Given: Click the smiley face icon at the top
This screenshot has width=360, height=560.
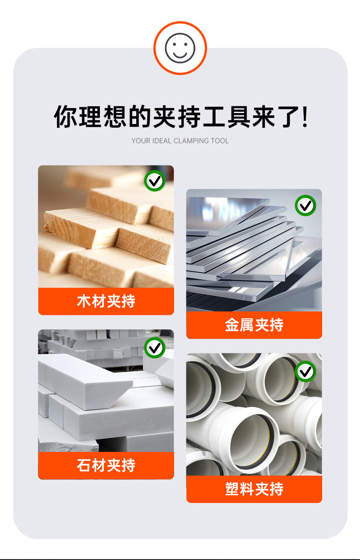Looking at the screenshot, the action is point(180,48).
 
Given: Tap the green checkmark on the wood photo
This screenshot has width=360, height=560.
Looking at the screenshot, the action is point(154,181).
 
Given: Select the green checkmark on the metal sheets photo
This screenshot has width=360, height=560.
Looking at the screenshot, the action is point(305,205).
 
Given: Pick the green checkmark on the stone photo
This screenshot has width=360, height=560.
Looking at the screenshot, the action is point(154,347).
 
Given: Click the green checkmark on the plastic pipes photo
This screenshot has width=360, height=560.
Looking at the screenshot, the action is point(305,372).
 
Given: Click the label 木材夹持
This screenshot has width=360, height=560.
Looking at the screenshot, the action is point(106,301).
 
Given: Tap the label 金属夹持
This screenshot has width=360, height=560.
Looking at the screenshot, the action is point(254,325).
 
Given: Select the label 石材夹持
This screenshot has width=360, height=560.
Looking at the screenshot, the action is point(106,465).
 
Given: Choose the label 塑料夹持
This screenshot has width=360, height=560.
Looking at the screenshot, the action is point(254,489).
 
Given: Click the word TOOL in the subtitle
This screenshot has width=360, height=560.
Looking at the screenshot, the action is point(220,141).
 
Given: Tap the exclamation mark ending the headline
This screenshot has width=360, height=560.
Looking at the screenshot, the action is point(304,117).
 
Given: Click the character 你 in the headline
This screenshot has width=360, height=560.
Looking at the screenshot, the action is point(66,117).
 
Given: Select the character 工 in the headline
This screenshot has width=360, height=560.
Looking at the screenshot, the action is point(214,117).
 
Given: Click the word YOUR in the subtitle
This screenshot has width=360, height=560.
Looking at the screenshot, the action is point(141,141).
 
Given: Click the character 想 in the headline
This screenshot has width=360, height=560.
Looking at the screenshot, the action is point(115,117).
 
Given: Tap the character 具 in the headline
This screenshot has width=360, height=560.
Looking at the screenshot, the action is point(239,117).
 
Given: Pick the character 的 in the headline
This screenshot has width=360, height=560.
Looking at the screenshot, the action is point(139,117).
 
